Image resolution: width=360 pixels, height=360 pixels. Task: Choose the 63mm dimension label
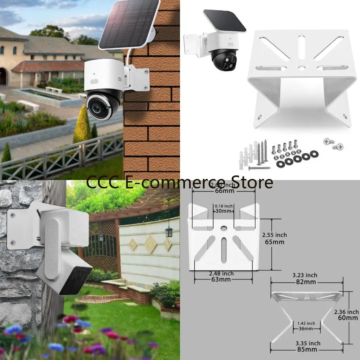point(221,279)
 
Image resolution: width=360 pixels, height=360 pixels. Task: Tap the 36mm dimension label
point(306,329)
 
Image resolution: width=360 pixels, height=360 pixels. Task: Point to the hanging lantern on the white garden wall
point(169,231)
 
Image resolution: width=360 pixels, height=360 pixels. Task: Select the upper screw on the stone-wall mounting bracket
point(13,214)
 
